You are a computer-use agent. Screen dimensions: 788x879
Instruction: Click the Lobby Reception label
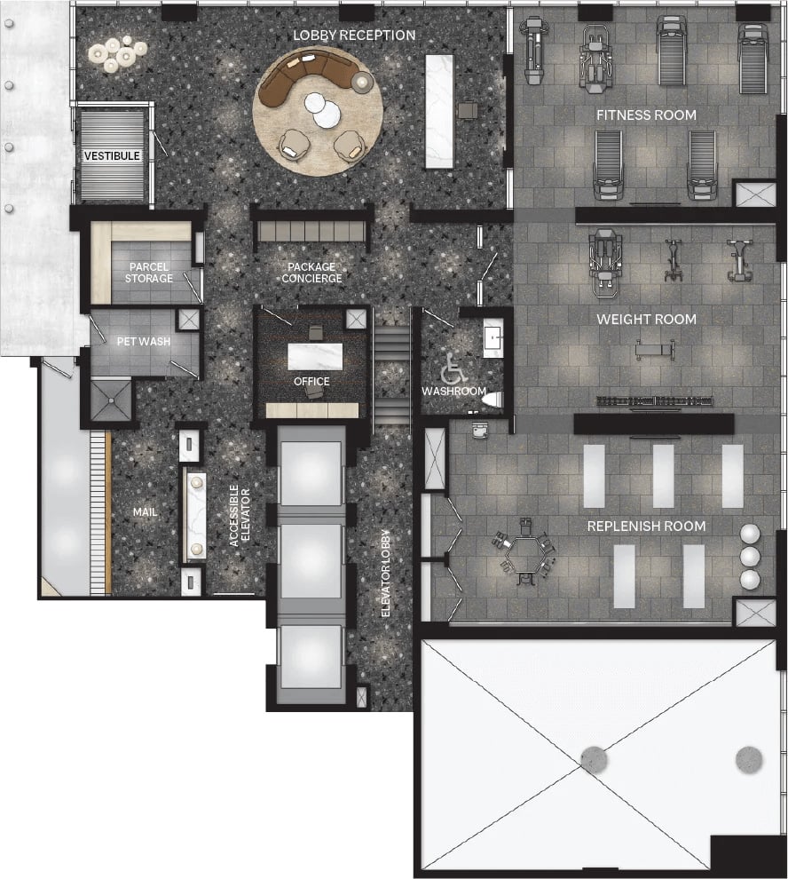click(x=354, y=36)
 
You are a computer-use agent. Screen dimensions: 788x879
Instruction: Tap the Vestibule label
click(x=112, y=156)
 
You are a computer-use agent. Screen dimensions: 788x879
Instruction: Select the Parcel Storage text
click(x=148, y=273)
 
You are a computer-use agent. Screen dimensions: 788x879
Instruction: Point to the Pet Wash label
click(x=144, y=342)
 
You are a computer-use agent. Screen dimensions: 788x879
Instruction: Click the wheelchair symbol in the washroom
click(x=453, y=368)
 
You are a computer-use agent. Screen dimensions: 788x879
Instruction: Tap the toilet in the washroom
click(x=492, y=400)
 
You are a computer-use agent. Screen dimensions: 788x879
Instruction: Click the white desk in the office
click(x=315, y=357)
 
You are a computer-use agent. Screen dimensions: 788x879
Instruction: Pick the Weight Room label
click(x=646, y=320)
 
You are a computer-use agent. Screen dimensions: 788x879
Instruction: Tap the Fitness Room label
click(x=646, y=115)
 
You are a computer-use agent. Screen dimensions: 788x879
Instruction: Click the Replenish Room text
click(x=646, y=527)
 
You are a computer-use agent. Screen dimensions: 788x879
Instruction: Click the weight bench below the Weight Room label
click(x=654, y=350)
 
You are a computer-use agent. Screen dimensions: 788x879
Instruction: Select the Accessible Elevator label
click(x=240, y=516)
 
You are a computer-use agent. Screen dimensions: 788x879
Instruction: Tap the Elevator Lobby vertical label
click(x=386, y=574)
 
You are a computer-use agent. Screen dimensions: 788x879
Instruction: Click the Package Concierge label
click(x=311, y=273)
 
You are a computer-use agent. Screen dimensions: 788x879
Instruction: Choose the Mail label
click(x=145, y=511)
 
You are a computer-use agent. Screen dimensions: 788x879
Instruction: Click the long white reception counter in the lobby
click(x=439, y=111)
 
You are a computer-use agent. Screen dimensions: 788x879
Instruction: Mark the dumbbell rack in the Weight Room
click(x=655, y=401)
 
